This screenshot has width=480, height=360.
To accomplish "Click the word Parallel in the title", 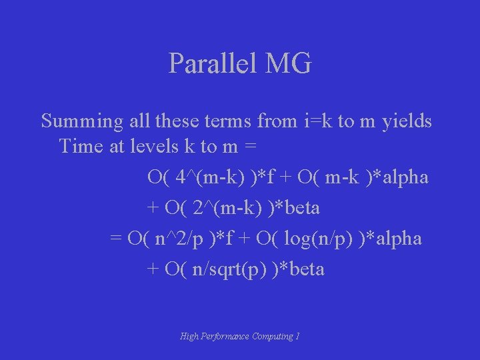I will point(213,64).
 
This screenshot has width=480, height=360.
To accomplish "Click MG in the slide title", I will point(288,64).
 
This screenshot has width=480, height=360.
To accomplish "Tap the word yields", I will point(407,121).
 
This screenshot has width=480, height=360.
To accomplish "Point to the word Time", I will point(80,146).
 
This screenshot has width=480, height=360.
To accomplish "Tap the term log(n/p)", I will point(317,239).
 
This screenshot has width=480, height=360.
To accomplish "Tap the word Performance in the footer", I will point(223,337).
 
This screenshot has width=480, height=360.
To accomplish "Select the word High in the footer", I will point(189,337).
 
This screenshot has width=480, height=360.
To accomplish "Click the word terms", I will point(227,122).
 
